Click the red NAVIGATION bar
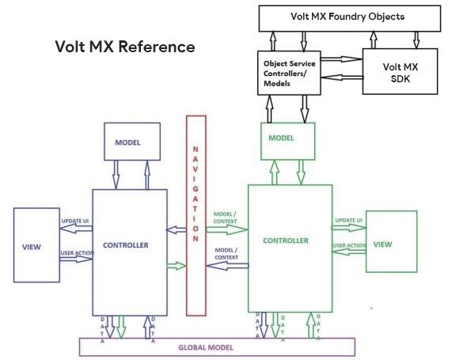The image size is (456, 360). tap(196, 215)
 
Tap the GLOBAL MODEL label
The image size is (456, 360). tap(206, 347)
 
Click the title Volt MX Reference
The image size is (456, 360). tap(125, 47)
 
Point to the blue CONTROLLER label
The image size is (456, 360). tap(126, 245)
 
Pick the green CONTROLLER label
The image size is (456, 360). tap(286, 241)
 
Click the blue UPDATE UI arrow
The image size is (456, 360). tap(76, 229)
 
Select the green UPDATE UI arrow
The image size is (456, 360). tap(349, 228)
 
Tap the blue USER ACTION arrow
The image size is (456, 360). tap(76, 259)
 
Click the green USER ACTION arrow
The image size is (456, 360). tap(349, 252)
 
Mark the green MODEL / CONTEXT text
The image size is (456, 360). tap(225, 218)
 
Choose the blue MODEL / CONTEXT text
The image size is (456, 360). tap(226, 254)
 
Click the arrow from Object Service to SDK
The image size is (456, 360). tap(342, 59)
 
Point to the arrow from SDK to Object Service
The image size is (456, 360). tap(342, 78)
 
